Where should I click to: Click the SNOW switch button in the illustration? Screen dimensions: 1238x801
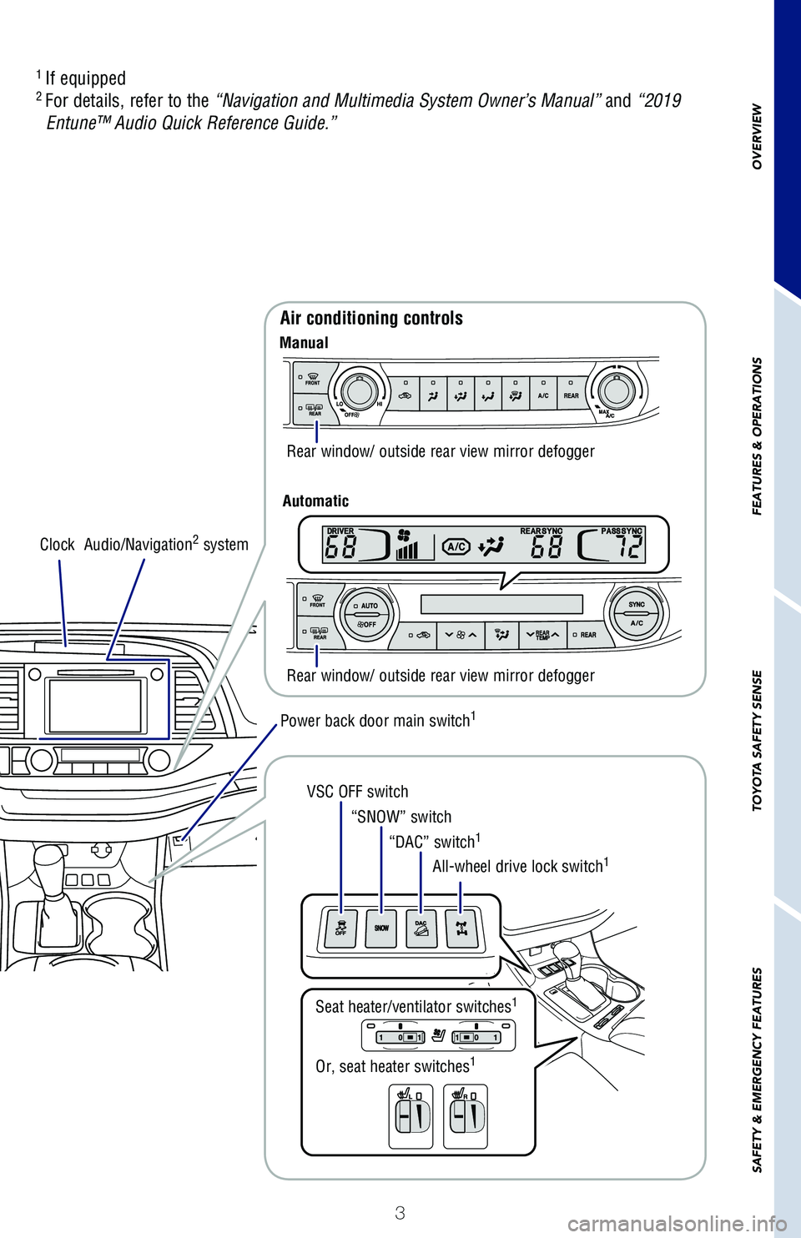(x=381, y=928)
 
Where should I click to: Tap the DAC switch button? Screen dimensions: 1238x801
(x=421, y=929)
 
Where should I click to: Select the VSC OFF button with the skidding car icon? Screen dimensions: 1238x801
(x=340, y=929)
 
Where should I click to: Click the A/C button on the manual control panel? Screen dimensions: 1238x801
(x=543, y=393)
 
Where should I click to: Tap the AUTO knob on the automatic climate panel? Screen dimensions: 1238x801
(x=366, y=616)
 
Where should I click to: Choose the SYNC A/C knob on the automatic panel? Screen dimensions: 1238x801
(x=637, y=614)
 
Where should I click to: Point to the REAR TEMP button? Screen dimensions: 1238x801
(x=542, y=635)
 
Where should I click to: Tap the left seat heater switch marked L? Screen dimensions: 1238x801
(x=411, y=1116)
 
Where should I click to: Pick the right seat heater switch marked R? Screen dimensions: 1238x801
(x=466, y=1116)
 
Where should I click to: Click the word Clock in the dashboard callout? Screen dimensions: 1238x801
(x=57, y=545)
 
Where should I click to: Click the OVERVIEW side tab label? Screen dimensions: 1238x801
(x=757, y=137)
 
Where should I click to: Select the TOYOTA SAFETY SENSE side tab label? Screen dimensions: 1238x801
(x=757, y=740)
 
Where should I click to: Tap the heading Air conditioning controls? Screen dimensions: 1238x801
(x=371, y=318)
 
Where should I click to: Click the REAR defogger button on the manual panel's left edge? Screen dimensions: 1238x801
(x=315, y=409)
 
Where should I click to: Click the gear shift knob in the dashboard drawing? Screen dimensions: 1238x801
(x=49, y=864)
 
